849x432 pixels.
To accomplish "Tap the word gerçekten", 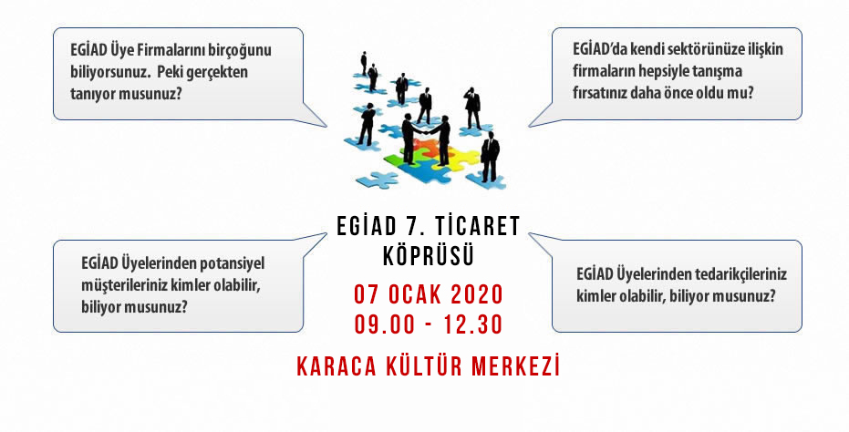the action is point(216,72).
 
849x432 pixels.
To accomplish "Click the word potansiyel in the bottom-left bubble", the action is point(233,263).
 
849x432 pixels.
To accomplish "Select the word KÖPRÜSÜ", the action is point(429,256).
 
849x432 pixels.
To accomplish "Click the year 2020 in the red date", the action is point(477,295).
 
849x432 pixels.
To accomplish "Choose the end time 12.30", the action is point(473,324).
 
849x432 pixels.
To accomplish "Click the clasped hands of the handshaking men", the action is point(425,132).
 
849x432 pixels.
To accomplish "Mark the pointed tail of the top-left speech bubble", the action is point(326,126).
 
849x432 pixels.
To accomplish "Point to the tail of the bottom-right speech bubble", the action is point(530,234).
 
